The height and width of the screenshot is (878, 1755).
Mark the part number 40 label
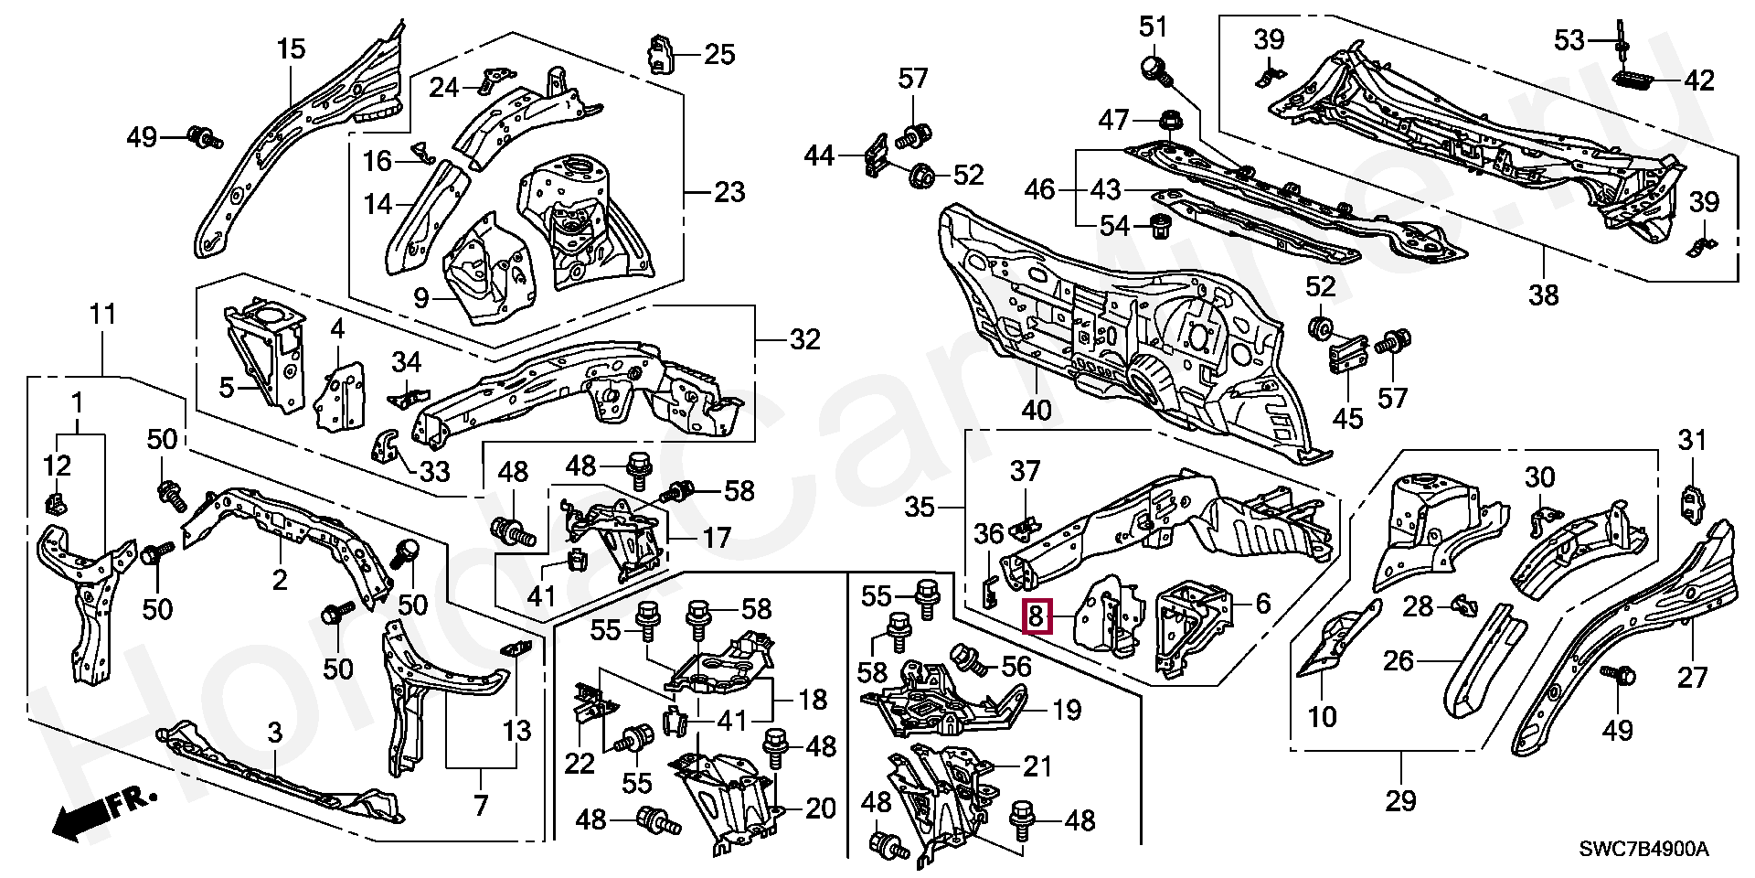point(1036,411)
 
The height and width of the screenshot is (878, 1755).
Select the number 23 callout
point(729,192)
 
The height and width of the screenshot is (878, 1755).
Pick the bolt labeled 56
point(967,658)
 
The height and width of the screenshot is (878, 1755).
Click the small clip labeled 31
point(1692,503)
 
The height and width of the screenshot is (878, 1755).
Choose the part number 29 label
point(1400,801)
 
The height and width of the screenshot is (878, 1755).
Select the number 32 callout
point(804,340)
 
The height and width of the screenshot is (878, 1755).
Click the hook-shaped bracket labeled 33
point(388,443)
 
